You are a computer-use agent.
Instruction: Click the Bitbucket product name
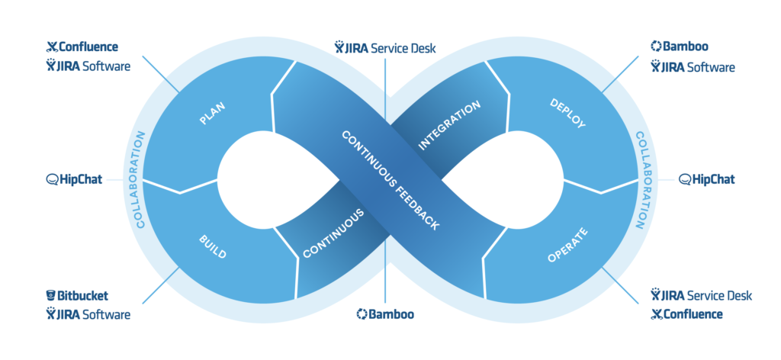pyautogui.click(x=85, y=295)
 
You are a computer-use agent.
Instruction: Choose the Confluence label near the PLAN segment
pyautogui.click(x=88, y=47)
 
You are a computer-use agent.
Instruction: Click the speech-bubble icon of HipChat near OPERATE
pyautogui.click(x=684, y=180)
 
